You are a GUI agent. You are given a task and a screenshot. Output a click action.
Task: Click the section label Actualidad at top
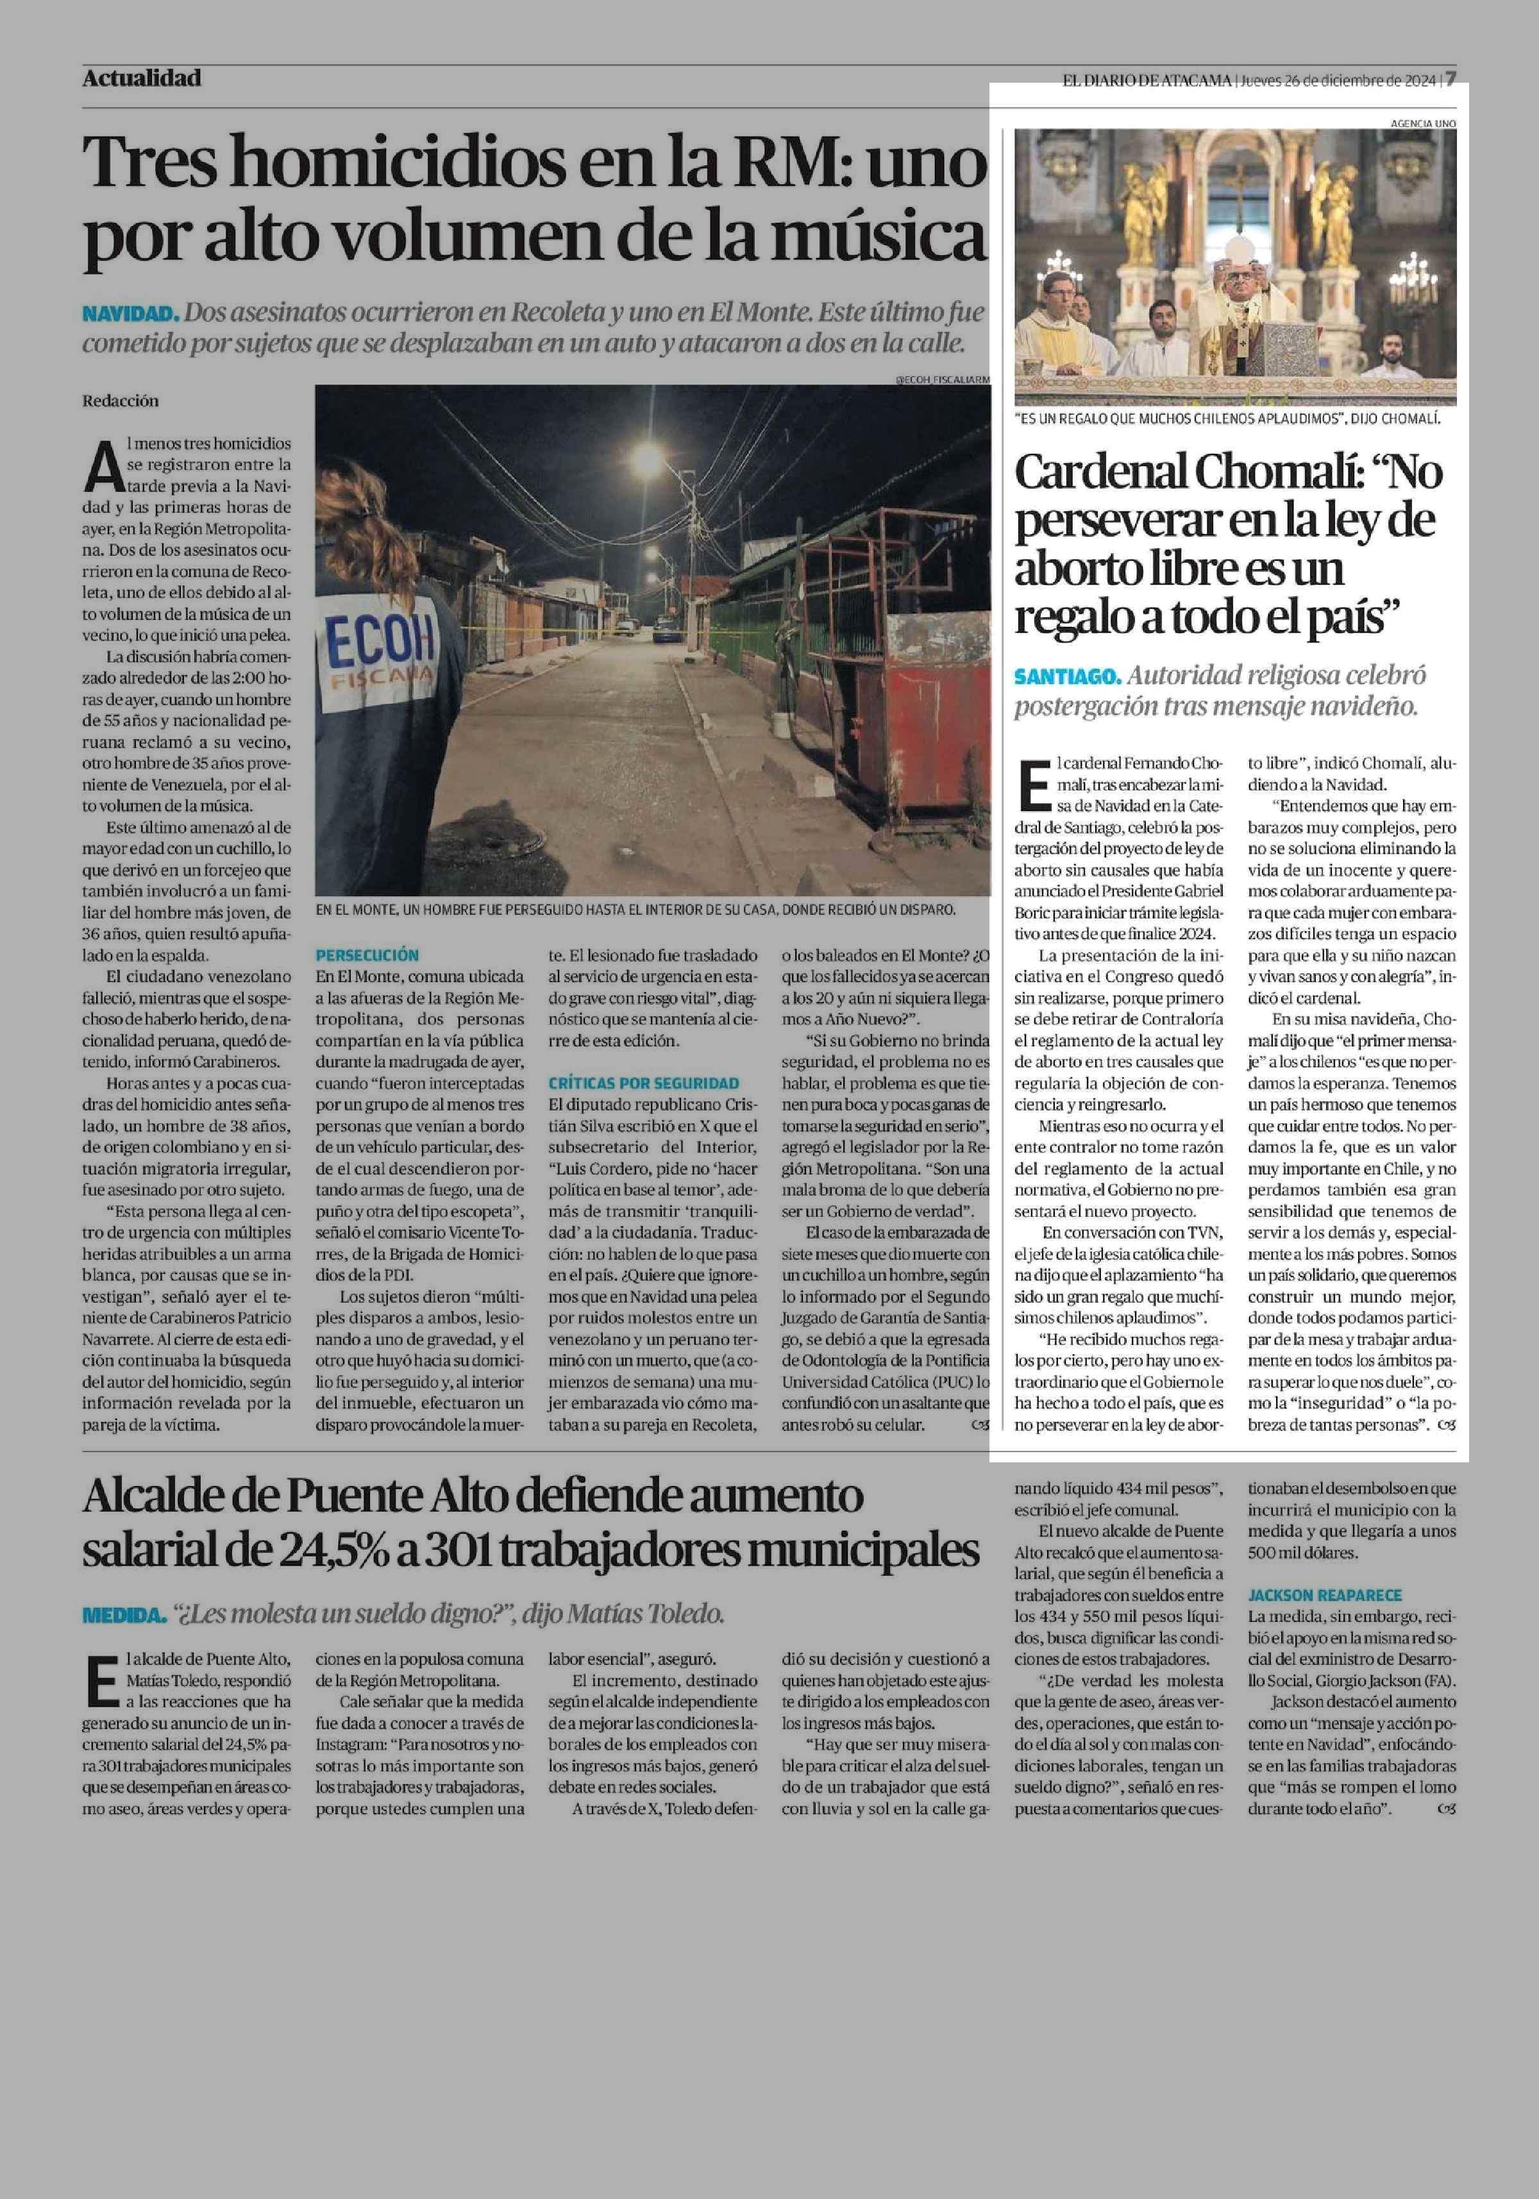coord(142,78)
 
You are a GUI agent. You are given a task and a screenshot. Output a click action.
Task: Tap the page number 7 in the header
coord(1451,78)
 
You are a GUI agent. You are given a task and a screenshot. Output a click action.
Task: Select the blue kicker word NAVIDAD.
coord(130,314)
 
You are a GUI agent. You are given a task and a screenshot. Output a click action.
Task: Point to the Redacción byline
coord(121,401)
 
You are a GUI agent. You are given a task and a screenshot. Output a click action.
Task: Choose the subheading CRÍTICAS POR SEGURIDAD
coord(644,1083)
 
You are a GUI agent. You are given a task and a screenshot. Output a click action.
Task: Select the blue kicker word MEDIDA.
coord(124,1616)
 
